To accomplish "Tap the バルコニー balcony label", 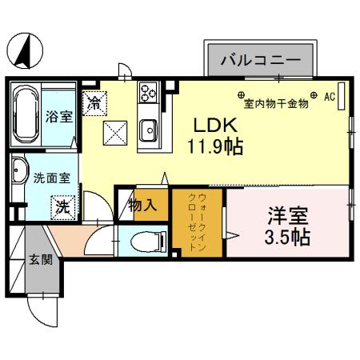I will click(260, 61).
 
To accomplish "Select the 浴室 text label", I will click(59, 117).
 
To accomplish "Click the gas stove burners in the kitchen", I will click(148, 95).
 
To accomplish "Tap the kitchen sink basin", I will click(148, 129).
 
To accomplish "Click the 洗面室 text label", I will click(46, 178).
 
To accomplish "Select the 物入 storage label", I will click(143, 206).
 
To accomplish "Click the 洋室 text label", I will click(287, 216).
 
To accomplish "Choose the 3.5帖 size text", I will click(287, 238).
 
